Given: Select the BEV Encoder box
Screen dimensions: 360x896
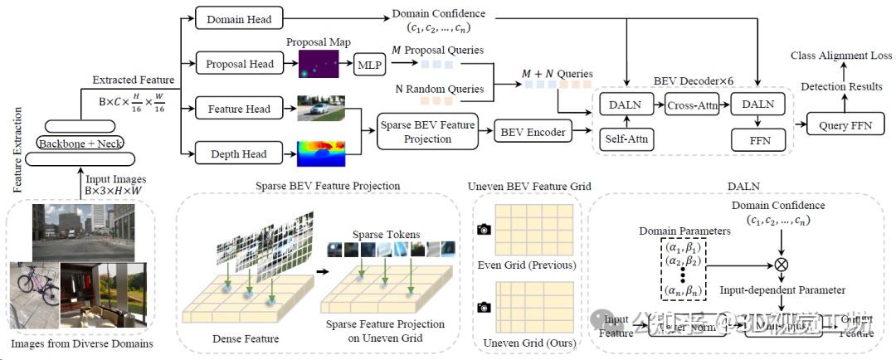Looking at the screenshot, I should [533, 130].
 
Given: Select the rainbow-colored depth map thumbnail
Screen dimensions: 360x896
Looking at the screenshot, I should [320, 154].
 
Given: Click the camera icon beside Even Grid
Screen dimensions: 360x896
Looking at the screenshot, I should [484, 230].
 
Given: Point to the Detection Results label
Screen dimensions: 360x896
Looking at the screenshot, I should [841, 86].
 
